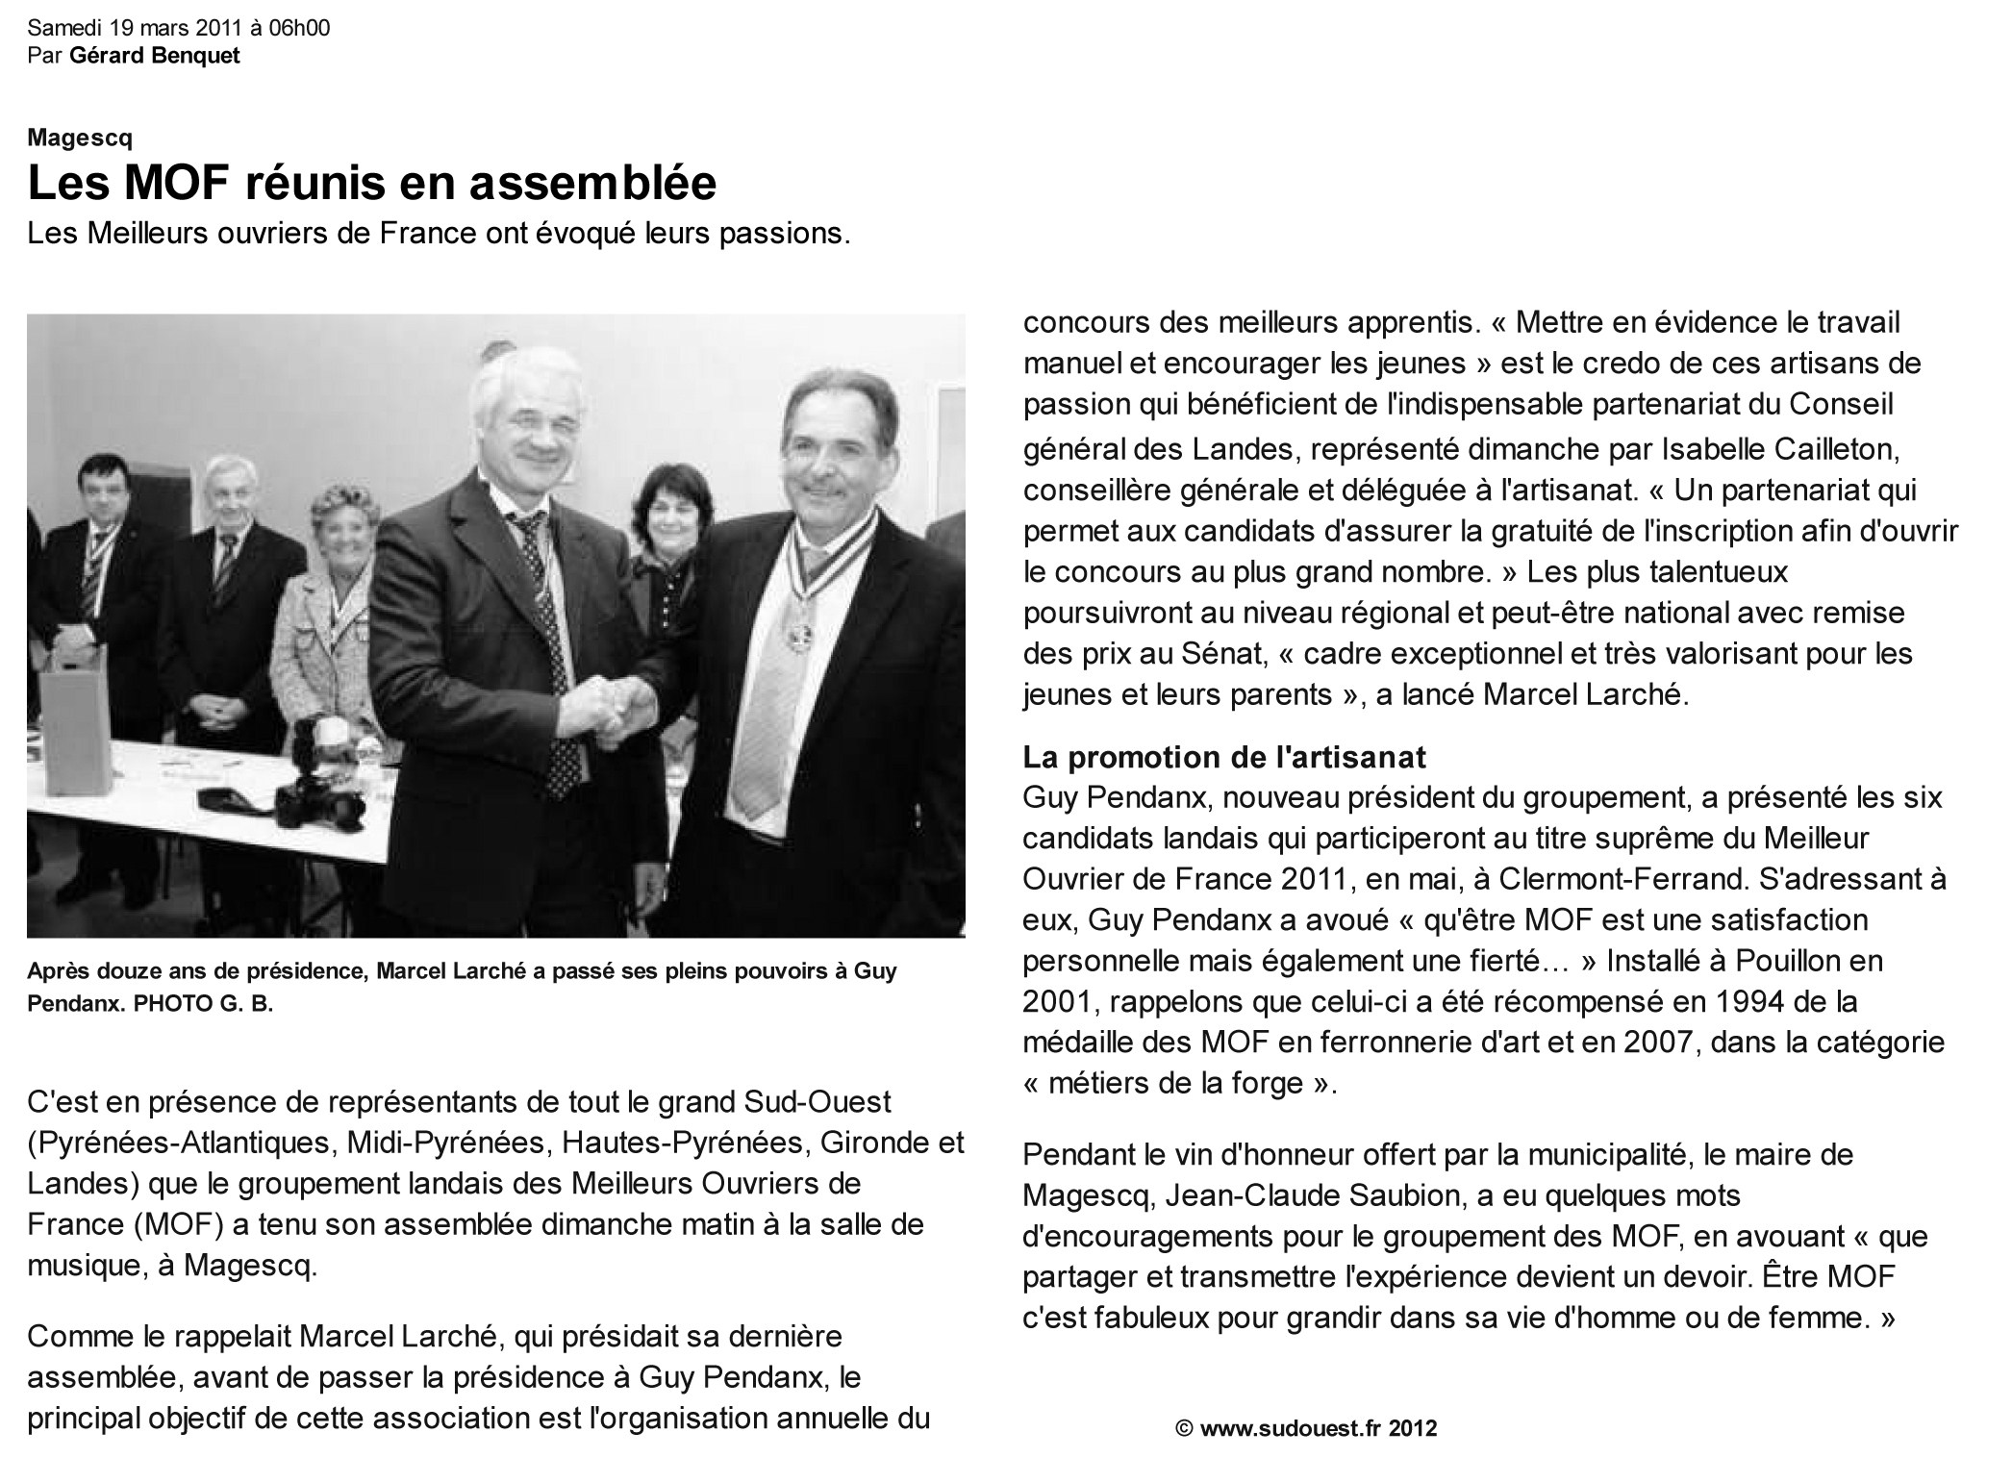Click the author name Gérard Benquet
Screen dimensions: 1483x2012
point(155,55)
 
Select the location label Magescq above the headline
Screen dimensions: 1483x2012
point(80,138)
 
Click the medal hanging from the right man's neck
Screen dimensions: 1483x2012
point(797,636)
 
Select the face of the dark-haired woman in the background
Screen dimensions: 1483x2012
point(679,504)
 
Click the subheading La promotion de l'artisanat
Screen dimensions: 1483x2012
point(1224,757)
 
